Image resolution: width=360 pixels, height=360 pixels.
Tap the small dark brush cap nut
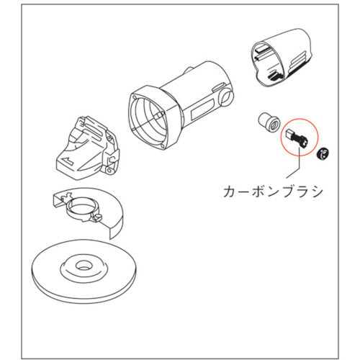[323, 151]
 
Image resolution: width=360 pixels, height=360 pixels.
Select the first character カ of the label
[233, 192]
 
